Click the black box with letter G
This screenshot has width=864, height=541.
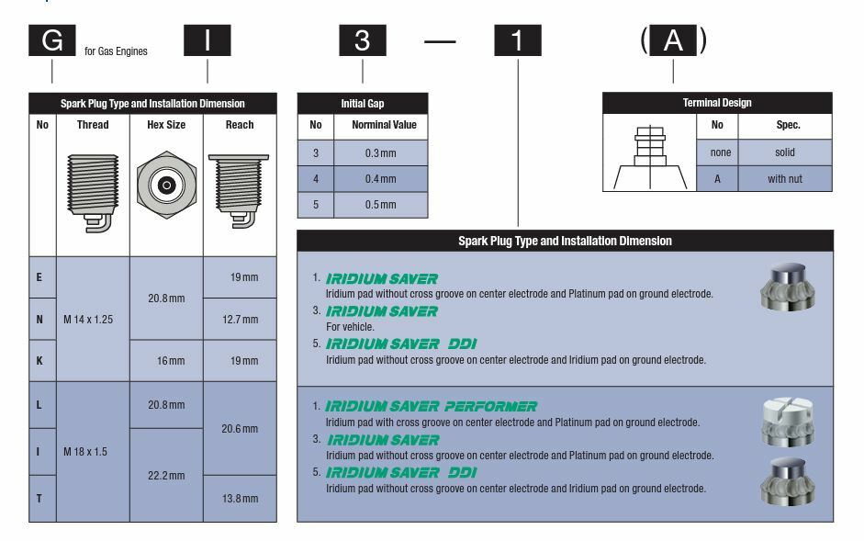(x=51, y=41)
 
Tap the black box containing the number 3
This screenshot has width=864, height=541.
(x=363, y=41)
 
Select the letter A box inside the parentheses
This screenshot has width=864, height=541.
(x=673, y=41)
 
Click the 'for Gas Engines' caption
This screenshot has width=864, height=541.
(x=116, y=51)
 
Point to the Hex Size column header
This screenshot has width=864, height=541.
(x=166, y=125)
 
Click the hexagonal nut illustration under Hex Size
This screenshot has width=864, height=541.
(x=166, y=186)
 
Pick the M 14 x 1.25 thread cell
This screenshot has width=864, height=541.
(x=93, y=320)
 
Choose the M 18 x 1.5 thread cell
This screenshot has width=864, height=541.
(x=93, y=452)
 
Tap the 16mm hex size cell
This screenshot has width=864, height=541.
(x=166, y=361)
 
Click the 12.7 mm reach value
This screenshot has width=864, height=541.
(x=240, y=320)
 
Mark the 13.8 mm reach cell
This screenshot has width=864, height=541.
(x=240, y=498)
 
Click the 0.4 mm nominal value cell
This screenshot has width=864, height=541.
(x=380, y=179)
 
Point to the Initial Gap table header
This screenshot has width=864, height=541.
(x=363, y=104)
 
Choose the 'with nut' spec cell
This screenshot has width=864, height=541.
(x=784, y=179)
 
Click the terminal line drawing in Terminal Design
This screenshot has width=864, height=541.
(x=649, y=159)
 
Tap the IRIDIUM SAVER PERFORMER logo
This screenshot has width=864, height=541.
(x=432, y=406)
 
